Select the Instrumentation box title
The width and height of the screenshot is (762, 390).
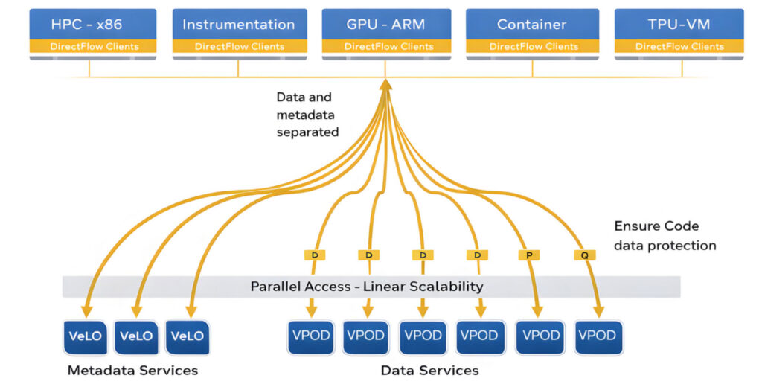point(238,24)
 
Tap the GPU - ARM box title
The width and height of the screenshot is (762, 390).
point(385,24)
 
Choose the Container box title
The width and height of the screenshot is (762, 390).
point(532,24)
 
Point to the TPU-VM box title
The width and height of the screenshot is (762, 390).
point(679,24)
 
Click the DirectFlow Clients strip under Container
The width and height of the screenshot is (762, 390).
point(532,46)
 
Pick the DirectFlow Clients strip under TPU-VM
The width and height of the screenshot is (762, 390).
point(679,46)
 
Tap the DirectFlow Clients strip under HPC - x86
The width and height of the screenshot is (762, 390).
point(93,46)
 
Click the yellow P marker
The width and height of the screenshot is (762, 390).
point(528,255)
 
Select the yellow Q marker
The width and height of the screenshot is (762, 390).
point(584,255)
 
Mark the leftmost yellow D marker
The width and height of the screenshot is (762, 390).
point(315,255)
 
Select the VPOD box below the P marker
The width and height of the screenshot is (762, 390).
point(540,336)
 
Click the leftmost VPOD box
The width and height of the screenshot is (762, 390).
point(311,336)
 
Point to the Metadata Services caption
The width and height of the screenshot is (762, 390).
point(132,370)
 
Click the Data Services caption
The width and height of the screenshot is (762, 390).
point(429,370)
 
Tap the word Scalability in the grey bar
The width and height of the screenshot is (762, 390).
point(444,287)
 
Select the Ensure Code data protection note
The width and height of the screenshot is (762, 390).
point(665,235)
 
